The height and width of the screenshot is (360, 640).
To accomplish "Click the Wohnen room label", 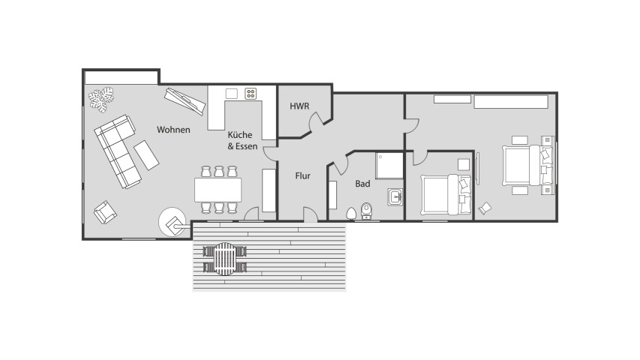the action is click(x=173, y=130).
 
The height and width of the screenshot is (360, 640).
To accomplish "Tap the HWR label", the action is click(x=299, y=106).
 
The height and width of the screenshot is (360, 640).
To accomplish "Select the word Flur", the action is click(x=303, y=176).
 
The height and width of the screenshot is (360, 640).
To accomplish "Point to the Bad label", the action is click(x=362, y=184).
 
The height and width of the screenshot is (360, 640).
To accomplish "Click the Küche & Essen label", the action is click(x=242, y=140).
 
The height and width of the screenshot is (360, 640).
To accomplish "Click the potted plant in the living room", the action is click(x=101, y=99).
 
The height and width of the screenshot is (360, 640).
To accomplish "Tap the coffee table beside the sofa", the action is click(x=146, y=155).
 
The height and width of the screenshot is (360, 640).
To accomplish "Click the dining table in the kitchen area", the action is click(x=218, y=190).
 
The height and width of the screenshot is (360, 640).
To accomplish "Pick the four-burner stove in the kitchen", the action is click(x=251, y=94).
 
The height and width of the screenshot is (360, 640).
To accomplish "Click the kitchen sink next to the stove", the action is click(x=231, y=94).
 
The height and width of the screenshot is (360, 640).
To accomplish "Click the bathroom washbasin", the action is click(x=395, y=197).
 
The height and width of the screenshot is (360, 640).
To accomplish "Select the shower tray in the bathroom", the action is click(x=389, y=166).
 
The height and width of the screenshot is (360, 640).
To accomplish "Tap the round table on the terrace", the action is click(x=224, y=259).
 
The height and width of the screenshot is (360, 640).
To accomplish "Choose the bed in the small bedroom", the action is click(x=446, y=194).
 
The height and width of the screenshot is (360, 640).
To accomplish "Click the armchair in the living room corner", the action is click(x=105, y=211).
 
